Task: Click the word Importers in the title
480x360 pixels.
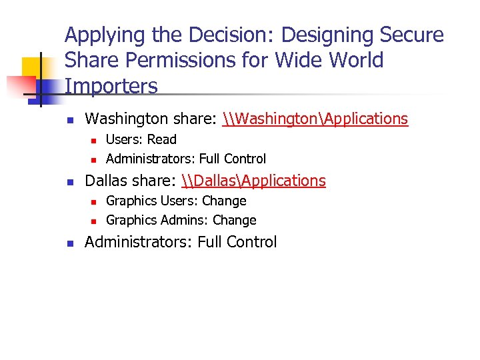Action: tap(111, 86)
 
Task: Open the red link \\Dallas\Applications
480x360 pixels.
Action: tap(253, 181)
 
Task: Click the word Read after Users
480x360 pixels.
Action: tap(162, 139)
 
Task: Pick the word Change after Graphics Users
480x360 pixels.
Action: tap(224, 201)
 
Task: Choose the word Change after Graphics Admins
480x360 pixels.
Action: tap(234, 220)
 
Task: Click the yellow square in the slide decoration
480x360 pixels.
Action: tap(32, 67)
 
